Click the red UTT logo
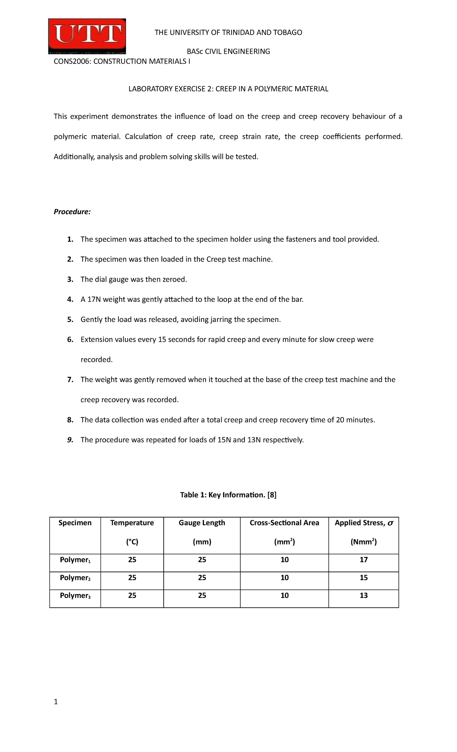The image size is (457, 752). [87, 36]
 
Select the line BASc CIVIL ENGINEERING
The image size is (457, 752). [228, 51]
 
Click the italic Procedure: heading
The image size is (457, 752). [72, 212]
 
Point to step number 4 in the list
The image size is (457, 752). [70, 300]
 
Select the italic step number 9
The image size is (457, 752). [70, 440]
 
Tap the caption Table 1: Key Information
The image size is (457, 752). [228, 495]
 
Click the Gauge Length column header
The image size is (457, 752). [202, 523]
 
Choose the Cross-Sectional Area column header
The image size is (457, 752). [284, 523]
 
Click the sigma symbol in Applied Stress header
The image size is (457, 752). [390, 523]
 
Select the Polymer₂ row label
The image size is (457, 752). [75, 578]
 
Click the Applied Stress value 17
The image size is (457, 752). [364, 559]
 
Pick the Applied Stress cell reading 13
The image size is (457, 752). [364, 595]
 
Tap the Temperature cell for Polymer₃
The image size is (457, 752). [132, 595]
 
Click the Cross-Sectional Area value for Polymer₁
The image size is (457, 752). [284, 559]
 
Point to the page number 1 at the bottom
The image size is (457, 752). [56, 702]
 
